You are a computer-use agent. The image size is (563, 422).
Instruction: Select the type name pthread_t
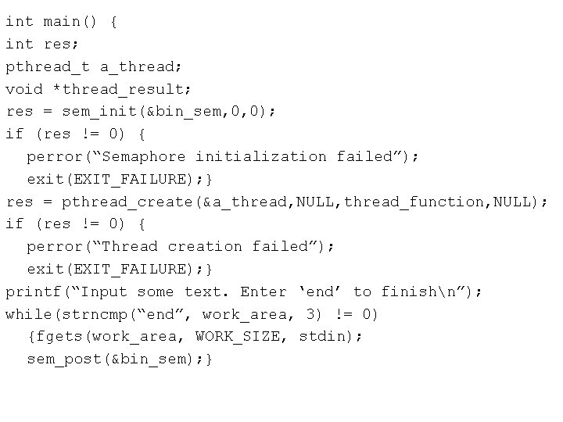48,67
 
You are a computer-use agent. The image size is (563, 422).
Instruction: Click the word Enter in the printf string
264,291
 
